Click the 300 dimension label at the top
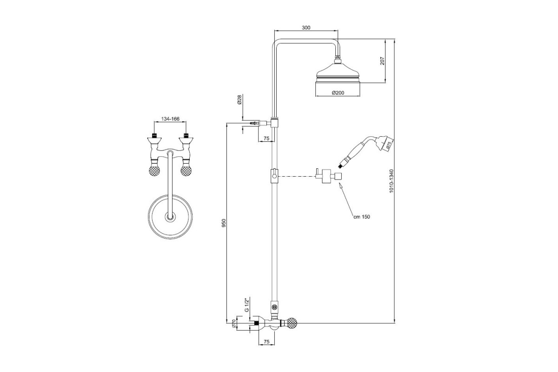click(x=306, y=27)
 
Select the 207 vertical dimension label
click(x=382, y=61)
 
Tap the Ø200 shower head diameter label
click(x=338, y=93)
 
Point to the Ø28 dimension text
click(x=239, y=100)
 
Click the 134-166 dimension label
click(x=170, y=119)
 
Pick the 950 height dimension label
click(x=224, y=223)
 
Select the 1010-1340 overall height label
click(x=392, y=181)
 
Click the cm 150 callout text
click(x=362, y=217)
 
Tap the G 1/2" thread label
click(x=246, y=305)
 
